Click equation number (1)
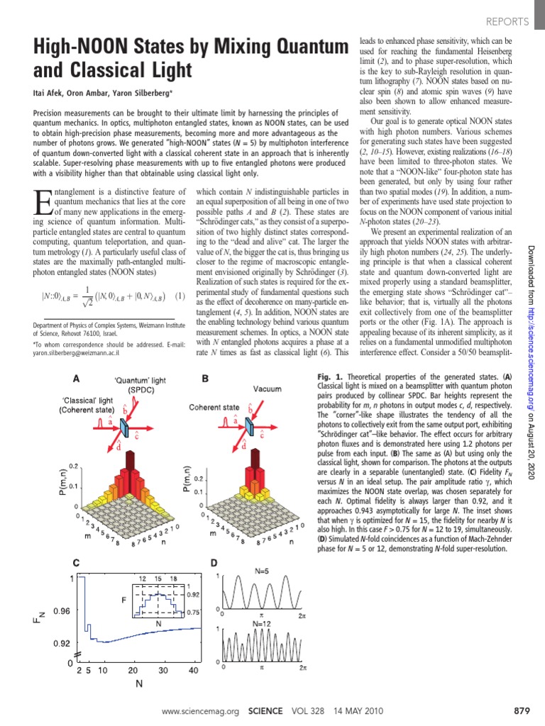[181, 295]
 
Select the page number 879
[520, 710]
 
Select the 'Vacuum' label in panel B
[268, 389]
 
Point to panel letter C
[77, 564]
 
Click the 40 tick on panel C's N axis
[193, 670]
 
